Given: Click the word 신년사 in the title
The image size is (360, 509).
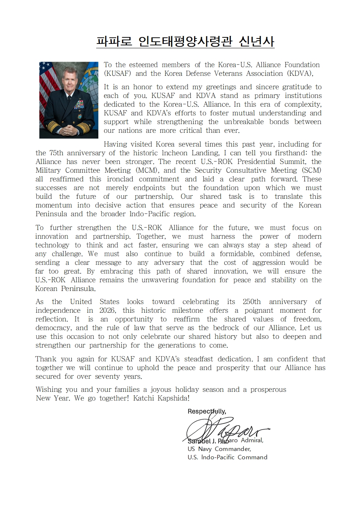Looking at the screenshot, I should [257, 42].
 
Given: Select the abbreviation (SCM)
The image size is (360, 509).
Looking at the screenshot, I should [311, 171].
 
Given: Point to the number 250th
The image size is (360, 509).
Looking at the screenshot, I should [251, 302].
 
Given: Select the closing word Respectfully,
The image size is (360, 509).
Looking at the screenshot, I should [206, 411].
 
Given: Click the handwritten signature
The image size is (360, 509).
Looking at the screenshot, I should [225, 430].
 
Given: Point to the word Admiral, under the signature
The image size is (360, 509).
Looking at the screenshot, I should [252, 440].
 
